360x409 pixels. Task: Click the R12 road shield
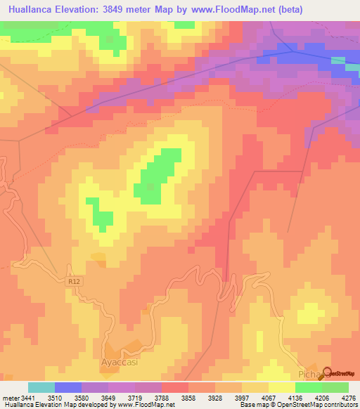(x=75, y=281)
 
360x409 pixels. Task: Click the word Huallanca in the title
(x=34, y=10)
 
